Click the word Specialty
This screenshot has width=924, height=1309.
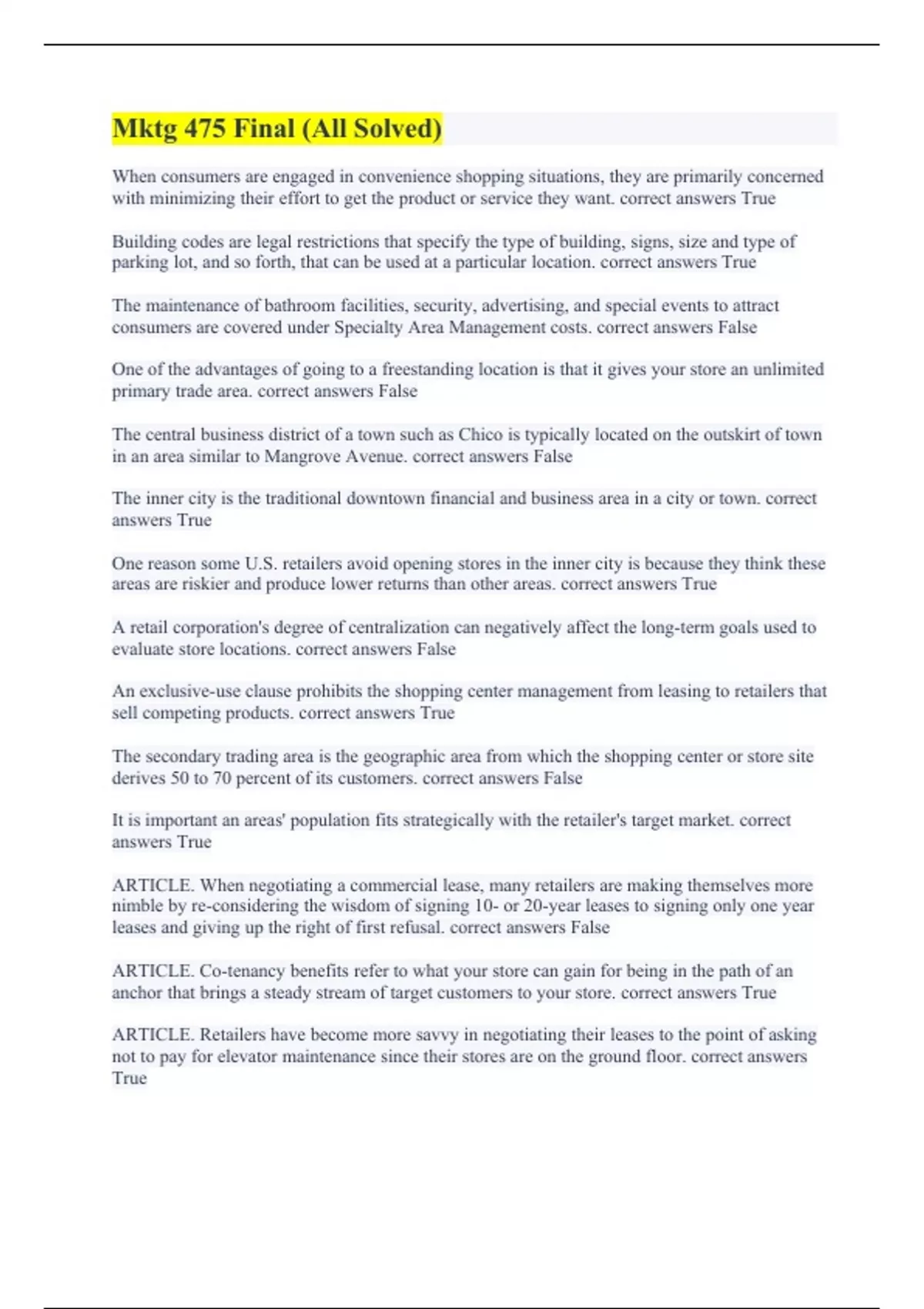367,327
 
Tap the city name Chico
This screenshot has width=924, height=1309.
480,434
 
